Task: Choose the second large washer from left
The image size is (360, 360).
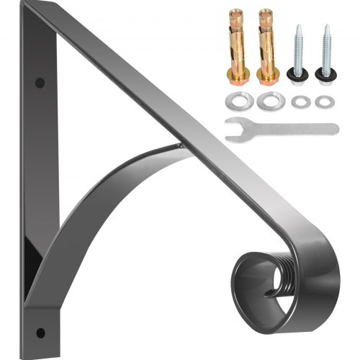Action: coord(268,99)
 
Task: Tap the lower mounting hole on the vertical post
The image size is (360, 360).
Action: coord(40,331)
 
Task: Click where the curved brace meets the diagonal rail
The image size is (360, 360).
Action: coord(180,148)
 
